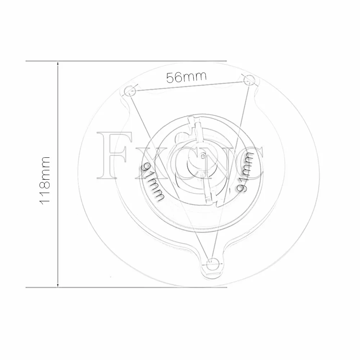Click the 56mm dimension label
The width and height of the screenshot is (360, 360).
coord(186,77)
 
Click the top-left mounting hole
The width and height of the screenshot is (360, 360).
coord(129,90)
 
